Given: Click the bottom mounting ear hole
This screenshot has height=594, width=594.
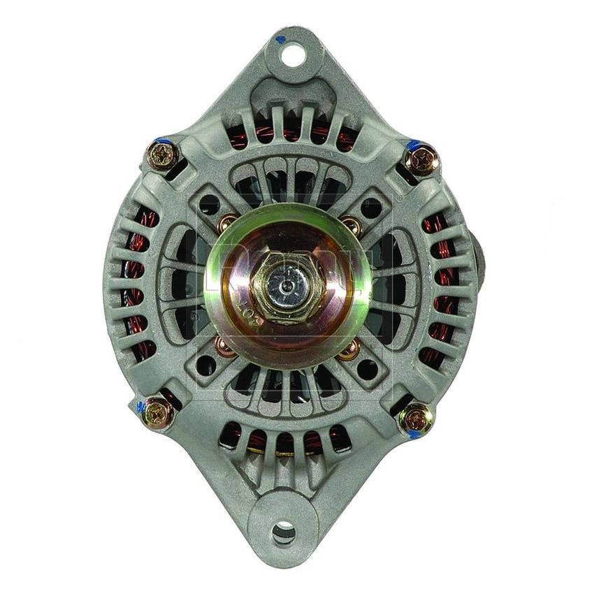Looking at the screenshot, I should pyautogui.click(x=284, y=533).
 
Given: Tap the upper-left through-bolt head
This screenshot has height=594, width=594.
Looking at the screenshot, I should pyautogui.click(x=163, y=154).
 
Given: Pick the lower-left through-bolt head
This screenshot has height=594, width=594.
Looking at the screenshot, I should pyautogui.click(x=158, y=412).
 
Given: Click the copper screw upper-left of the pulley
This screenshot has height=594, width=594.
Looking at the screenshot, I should pyautogui.click(x=228, y=224).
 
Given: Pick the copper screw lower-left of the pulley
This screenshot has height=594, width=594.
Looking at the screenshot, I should pyautogui.click(x=224, y=345).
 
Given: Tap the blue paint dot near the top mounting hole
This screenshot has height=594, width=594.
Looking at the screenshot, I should pyautogui.click(x=280, y=39).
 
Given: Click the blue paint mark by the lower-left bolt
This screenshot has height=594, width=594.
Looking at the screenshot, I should pyautogui.click(x=142, y=406).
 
